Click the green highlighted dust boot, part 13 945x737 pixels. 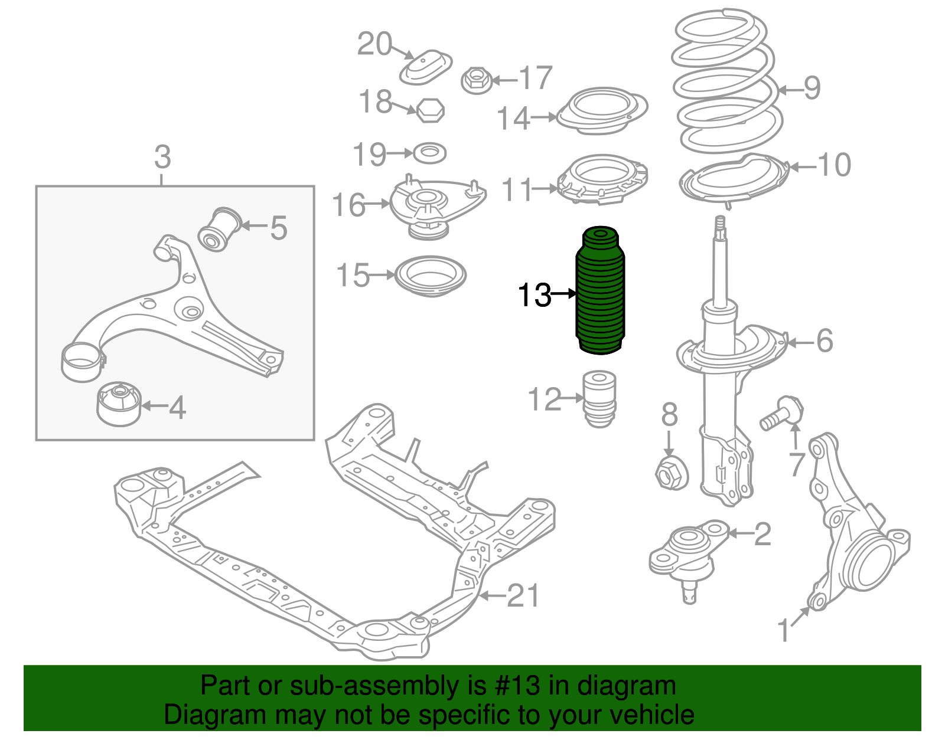[x=600, y=292]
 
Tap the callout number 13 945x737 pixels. [x=533, y=294]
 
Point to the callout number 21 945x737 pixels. [x=523, y=596]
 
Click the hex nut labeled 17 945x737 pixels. [x=476, y=80]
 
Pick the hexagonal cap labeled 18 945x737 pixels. [x=430, y=110]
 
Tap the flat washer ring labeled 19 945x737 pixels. [x=429, y=153]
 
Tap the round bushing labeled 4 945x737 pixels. [x=119, y=403]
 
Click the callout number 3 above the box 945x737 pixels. [x=162, y=158]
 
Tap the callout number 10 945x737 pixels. [x=834, y=165]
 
